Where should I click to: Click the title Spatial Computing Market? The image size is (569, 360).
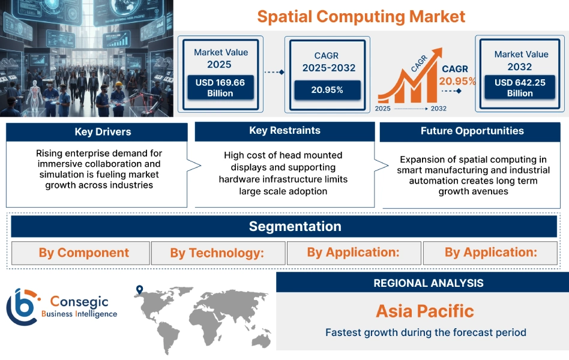tap(361, 16)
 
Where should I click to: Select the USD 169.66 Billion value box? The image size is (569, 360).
tap(220, 88)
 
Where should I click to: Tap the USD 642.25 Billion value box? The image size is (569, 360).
tap(520, 88)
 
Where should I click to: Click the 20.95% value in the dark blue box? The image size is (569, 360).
tap(327, 90)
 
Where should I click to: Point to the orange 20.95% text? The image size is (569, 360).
tap(457, 81)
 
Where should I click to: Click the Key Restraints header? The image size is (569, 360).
tap(284, 131)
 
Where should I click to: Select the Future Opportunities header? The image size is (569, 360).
tap(472, 131)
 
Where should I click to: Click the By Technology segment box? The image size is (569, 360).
tap(217, 253)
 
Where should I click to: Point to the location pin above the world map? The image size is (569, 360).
tap(140, 290)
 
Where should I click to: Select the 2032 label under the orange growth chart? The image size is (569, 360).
tap(438, 109)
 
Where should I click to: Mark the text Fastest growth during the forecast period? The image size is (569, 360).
tap(425, 332)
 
